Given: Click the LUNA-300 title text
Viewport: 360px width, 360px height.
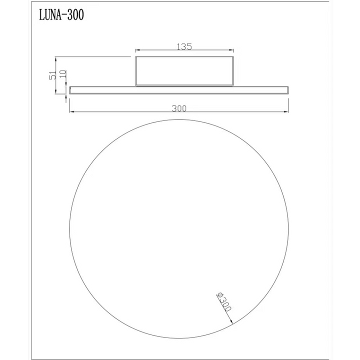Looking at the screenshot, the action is click(61, 15).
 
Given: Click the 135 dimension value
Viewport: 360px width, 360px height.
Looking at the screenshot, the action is click(184, 46).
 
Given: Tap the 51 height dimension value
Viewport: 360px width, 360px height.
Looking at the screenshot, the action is click(52, 74).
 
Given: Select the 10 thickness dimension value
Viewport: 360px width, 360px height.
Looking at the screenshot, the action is click(63, 73).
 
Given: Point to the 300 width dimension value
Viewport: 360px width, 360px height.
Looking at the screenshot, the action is click(179, 108).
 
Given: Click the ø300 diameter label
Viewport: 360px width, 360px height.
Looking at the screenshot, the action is click(223, 301).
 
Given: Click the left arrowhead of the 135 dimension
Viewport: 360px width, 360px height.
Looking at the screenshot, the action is click(137, 50).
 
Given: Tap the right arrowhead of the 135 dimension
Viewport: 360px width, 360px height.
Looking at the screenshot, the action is click(231, 50).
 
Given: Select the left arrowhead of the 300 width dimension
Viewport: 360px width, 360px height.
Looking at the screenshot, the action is click(71, 112).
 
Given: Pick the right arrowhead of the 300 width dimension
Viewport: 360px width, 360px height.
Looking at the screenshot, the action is click(286, 112).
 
